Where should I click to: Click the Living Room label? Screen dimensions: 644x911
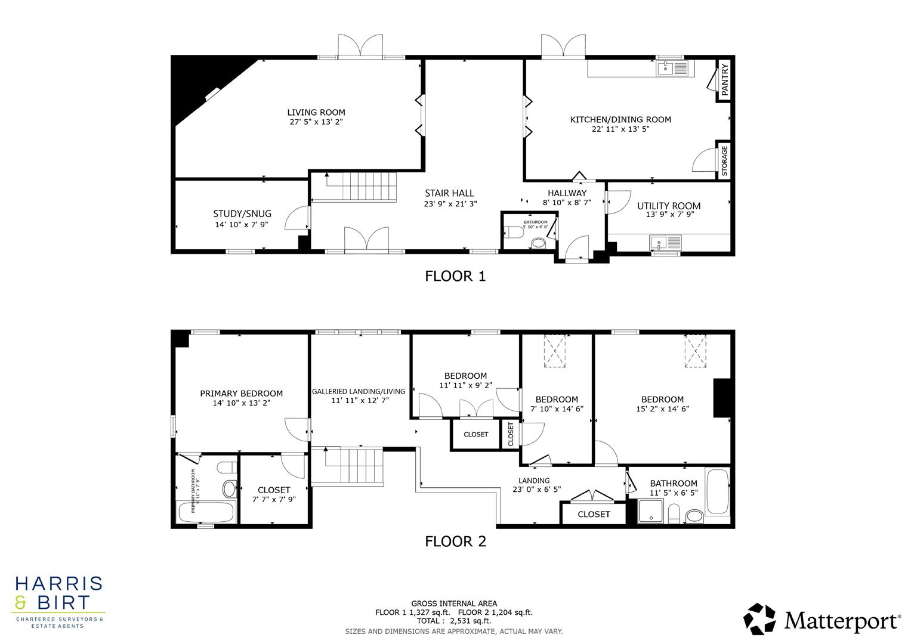(316, 112)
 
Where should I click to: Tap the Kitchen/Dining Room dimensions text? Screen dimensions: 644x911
(620, 129)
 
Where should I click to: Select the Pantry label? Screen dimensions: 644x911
(725, 80)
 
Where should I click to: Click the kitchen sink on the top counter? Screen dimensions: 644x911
(672, 69)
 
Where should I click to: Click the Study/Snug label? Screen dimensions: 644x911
(242, 213)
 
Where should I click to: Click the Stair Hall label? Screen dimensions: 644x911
(449, 193)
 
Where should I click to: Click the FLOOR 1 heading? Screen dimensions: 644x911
(455, 276)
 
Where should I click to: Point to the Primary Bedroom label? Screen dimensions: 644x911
(241, 394)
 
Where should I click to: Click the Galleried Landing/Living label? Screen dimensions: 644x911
(359, 392)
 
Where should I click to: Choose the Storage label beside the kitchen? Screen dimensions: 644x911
(725, 160)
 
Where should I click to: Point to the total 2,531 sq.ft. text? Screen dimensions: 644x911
(454, 621)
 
